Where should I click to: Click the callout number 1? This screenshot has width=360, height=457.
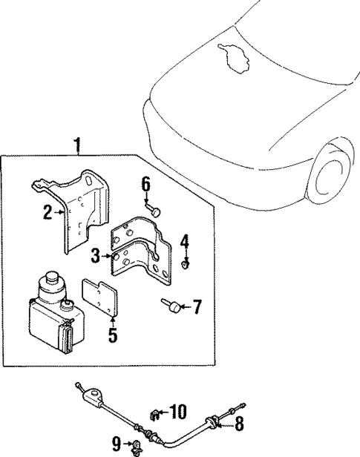(x=78, y=144)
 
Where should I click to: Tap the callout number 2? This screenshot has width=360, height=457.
(x=48, y=213)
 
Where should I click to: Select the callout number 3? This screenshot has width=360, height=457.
(x=96, y=257)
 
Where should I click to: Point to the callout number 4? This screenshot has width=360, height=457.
(x=186, y=241)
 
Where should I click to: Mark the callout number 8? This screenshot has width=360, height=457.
(x=239, y=424)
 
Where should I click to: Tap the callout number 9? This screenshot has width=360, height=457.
(x=116, y=444)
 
